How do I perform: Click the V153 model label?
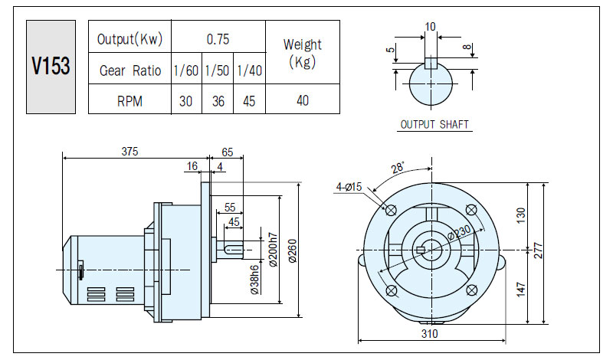coord(51,66)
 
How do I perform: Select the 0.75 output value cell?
coord(218,39)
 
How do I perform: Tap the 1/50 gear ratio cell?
coord(218,70)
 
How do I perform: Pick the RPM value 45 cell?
coord(249,101)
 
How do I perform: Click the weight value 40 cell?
coord(303,100)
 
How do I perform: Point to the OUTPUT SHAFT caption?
coord(434,124)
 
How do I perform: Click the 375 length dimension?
coord(129,151)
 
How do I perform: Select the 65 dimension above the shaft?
coord(227,152)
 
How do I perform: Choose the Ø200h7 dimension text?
coord(273,250)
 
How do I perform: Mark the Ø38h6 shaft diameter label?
coord(254,280)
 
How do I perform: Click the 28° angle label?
coord(397,168)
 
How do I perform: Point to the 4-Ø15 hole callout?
coord(349,187)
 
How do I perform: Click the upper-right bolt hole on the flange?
coord(471,210)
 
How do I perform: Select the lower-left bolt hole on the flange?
coord(391,290)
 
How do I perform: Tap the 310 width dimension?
coord(430,333)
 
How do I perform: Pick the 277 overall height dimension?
coord(539,250)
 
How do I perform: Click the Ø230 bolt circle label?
coord(459,233)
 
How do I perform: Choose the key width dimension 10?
coord(430,27)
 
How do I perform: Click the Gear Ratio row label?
coord(130,70)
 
